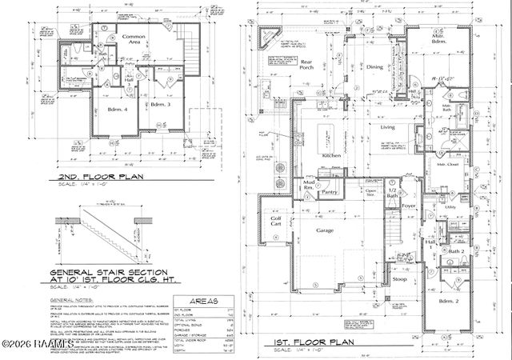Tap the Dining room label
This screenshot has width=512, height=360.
click(x=375, y=67)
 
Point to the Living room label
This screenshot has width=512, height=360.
click(x=388, y=127)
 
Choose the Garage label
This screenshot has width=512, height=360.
click(x=324, y=230)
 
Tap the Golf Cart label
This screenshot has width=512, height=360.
click(x=276, y=221)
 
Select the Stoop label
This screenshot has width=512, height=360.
click(x=400, y=282)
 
